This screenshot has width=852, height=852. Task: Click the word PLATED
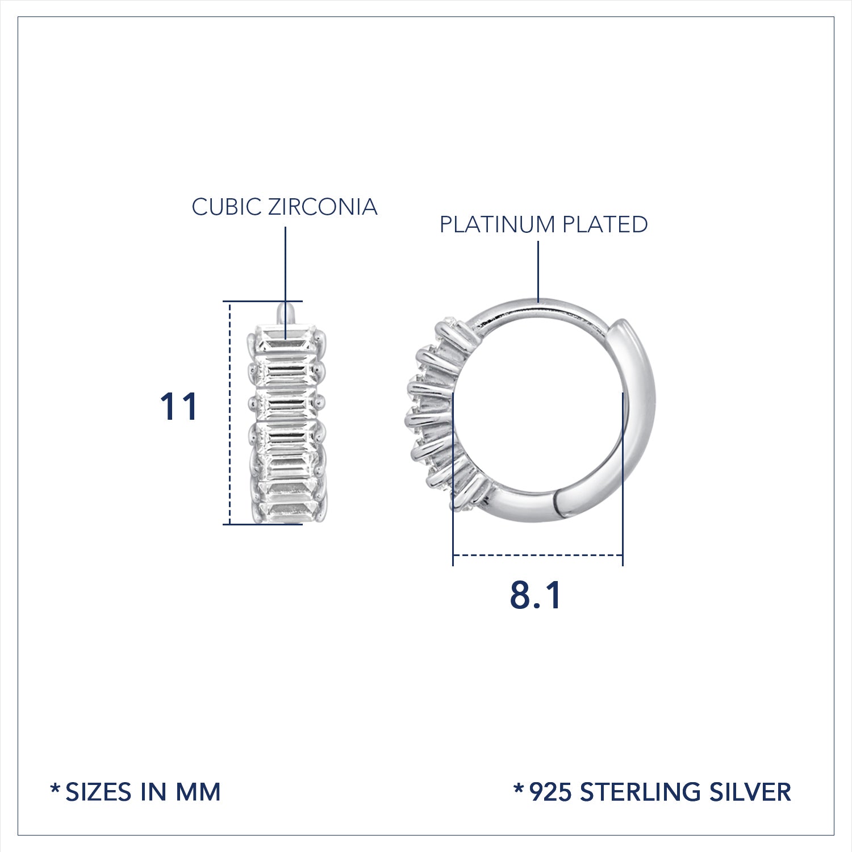tap(604, 225)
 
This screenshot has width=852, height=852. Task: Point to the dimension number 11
tap(179, 407)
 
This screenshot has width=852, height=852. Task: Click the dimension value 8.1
tap(536, 595)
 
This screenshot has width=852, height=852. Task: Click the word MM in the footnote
tap(198, 792)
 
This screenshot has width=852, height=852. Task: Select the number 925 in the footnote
tap(550, 792)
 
